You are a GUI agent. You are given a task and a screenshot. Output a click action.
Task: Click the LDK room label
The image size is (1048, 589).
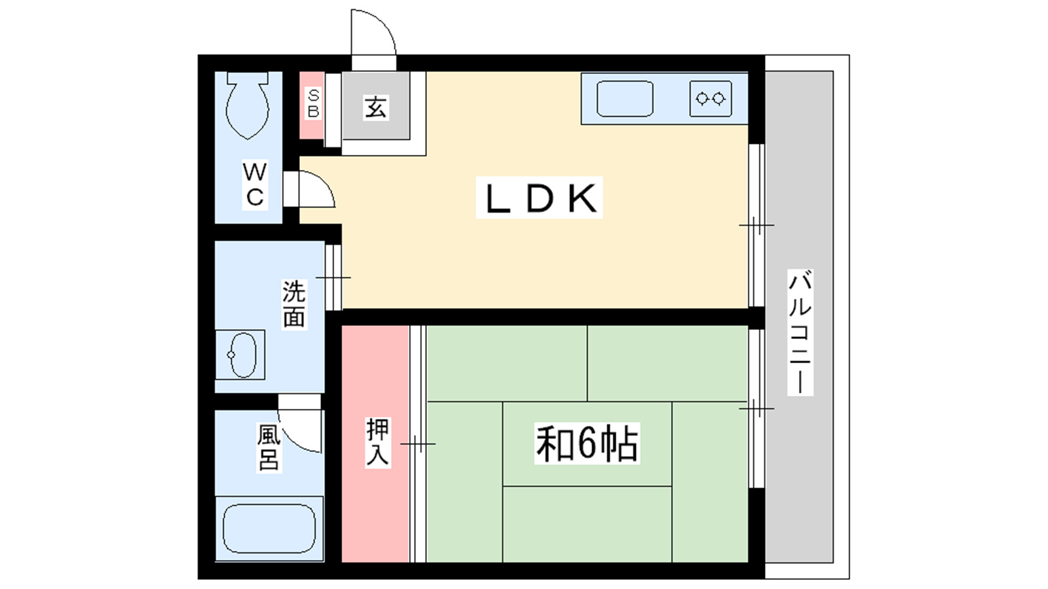point(540,198)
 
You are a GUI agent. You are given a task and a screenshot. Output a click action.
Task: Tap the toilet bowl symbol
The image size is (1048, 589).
point(248,107)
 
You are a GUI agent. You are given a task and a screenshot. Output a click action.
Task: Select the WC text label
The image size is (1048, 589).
point(255,185)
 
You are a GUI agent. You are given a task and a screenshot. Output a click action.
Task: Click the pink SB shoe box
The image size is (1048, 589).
point(312,105)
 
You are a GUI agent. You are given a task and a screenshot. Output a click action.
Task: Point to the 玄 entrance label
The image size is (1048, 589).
point(375,107)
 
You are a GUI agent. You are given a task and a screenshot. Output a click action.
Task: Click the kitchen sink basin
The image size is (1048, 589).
point(625,99)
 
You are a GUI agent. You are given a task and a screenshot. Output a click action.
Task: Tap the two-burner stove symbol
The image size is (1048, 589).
point(711,99)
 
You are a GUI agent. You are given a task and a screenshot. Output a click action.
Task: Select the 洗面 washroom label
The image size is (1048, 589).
point(294,304)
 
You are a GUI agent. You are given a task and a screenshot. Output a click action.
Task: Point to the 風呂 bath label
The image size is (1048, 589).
point(269,448)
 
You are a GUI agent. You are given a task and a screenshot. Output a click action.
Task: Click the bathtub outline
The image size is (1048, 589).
point(269,528)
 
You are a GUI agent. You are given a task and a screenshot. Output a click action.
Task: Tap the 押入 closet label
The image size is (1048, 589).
point(377,442)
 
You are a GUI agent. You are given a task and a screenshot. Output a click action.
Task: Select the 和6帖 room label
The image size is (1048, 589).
point(587,444)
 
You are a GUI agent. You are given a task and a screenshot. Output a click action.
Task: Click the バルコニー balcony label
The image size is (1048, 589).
point(800,332)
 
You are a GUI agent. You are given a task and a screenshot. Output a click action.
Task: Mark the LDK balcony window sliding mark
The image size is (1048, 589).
point(756,225)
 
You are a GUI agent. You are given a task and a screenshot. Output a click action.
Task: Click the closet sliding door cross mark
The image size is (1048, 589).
point(418,444)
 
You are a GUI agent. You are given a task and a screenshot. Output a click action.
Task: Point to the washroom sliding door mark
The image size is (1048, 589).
point(333,277)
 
